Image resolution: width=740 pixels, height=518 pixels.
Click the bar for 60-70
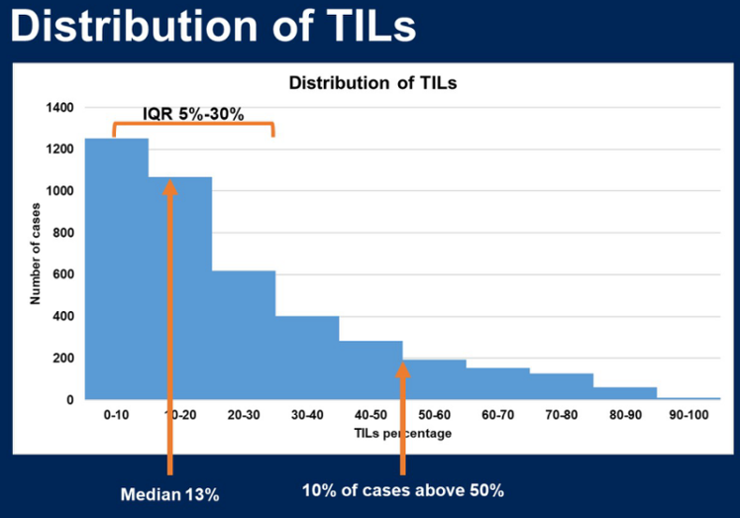[497, 384]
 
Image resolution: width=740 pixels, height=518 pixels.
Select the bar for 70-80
[561, 387]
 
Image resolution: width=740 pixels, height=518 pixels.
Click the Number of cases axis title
[35, 254]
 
